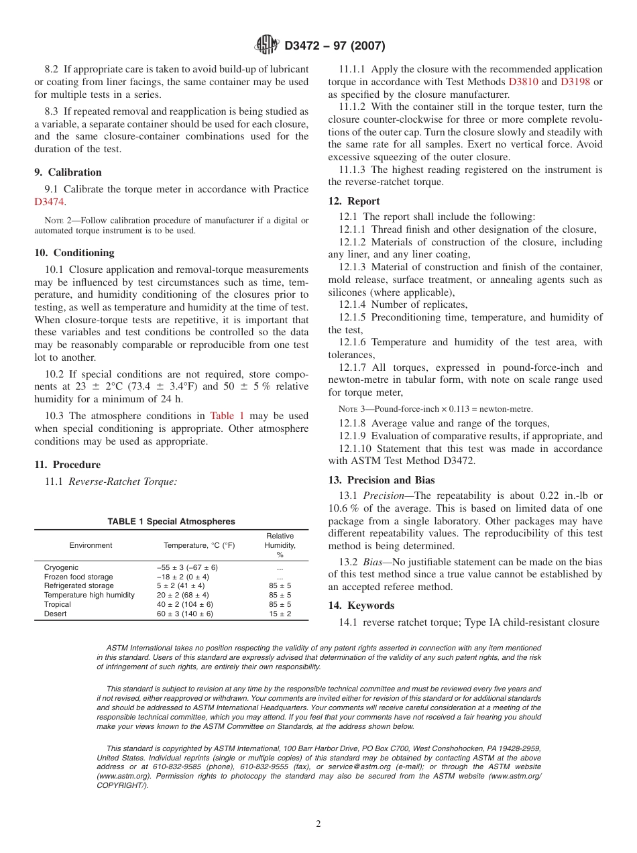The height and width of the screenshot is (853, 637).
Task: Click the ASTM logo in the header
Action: click(267, 46)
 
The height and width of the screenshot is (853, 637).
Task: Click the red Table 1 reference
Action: click(227, 416)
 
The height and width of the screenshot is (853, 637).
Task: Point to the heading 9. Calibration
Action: click(68, 172)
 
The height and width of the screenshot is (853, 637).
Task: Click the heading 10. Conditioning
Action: click(74, 253)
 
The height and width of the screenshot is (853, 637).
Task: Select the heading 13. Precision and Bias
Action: click(381, 480)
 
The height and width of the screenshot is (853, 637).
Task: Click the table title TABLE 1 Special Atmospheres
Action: click(171, 522)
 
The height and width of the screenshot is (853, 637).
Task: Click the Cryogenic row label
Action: click(61, 567)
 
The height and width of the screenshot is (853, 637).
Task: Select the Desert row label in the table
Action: click(55, 614)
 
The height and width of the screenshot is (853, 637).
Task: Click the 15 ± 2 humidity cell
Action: click(280, 614)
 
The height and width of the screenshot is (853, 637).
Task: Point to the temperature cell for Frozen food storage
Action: click(182, 577)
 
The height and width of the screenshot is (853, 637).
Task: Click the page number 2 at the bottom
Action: click(318, 824)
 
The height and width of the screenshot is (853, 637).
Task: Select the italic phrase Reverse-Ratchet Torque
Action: click(123, 481)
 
